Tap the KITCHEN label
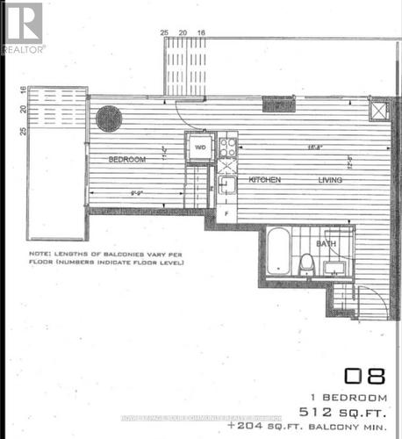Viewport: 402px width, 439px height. (264, 180)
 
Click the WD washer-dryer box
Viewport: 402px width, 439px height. (199, 147)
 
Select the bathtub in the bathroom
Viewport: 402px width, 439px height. (276, 251)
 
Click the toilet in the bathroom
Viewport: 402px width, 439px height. (307, 263)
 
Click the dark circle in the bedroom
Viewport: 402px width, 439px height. (109, 119)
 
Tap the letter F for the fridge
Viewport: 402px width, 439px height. (226, 212)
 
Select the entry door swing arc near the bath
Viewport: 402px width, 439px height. (371, 302)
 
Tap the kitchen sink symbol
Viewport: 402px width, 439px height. (226, 184)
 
